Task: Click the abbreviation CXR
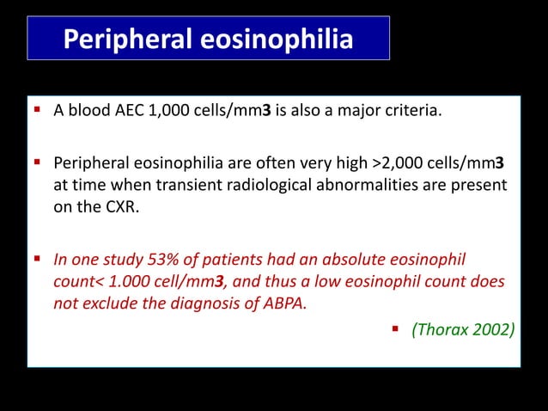tap(92, 205)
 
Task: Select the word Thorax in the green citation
tap(440, 328)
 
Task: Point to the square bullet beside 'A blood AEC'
tap(40, 109)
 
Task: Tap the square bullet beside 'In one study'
tap(40, 260)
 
